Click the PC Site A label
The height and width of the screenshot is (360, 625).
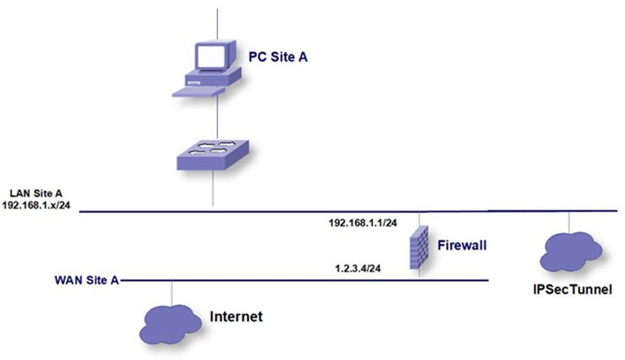pyautogui.click(x=278, y=58)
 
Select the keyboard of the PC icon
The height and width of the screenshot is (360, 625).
pyautogui.click(x=198, y=92)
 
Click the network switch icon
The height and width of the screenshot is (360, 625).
pyautogui.click(x=213, y=154)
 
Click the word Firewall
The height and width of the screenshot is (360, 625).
pyautogui.click(x=462, y=245)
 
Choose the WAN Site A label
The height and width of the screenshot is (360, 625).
pyautogui.click(x=87, y=280)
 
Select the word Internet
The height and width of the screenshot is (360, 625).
pyautogui.click(x=237, y=316)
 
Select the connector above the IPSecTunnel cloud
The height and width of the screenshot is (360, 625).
pyautogui.click(x=569, y=221)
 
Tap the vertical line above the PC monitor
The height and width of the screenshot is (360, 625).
pyautogui.click(x=217, y=22)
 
